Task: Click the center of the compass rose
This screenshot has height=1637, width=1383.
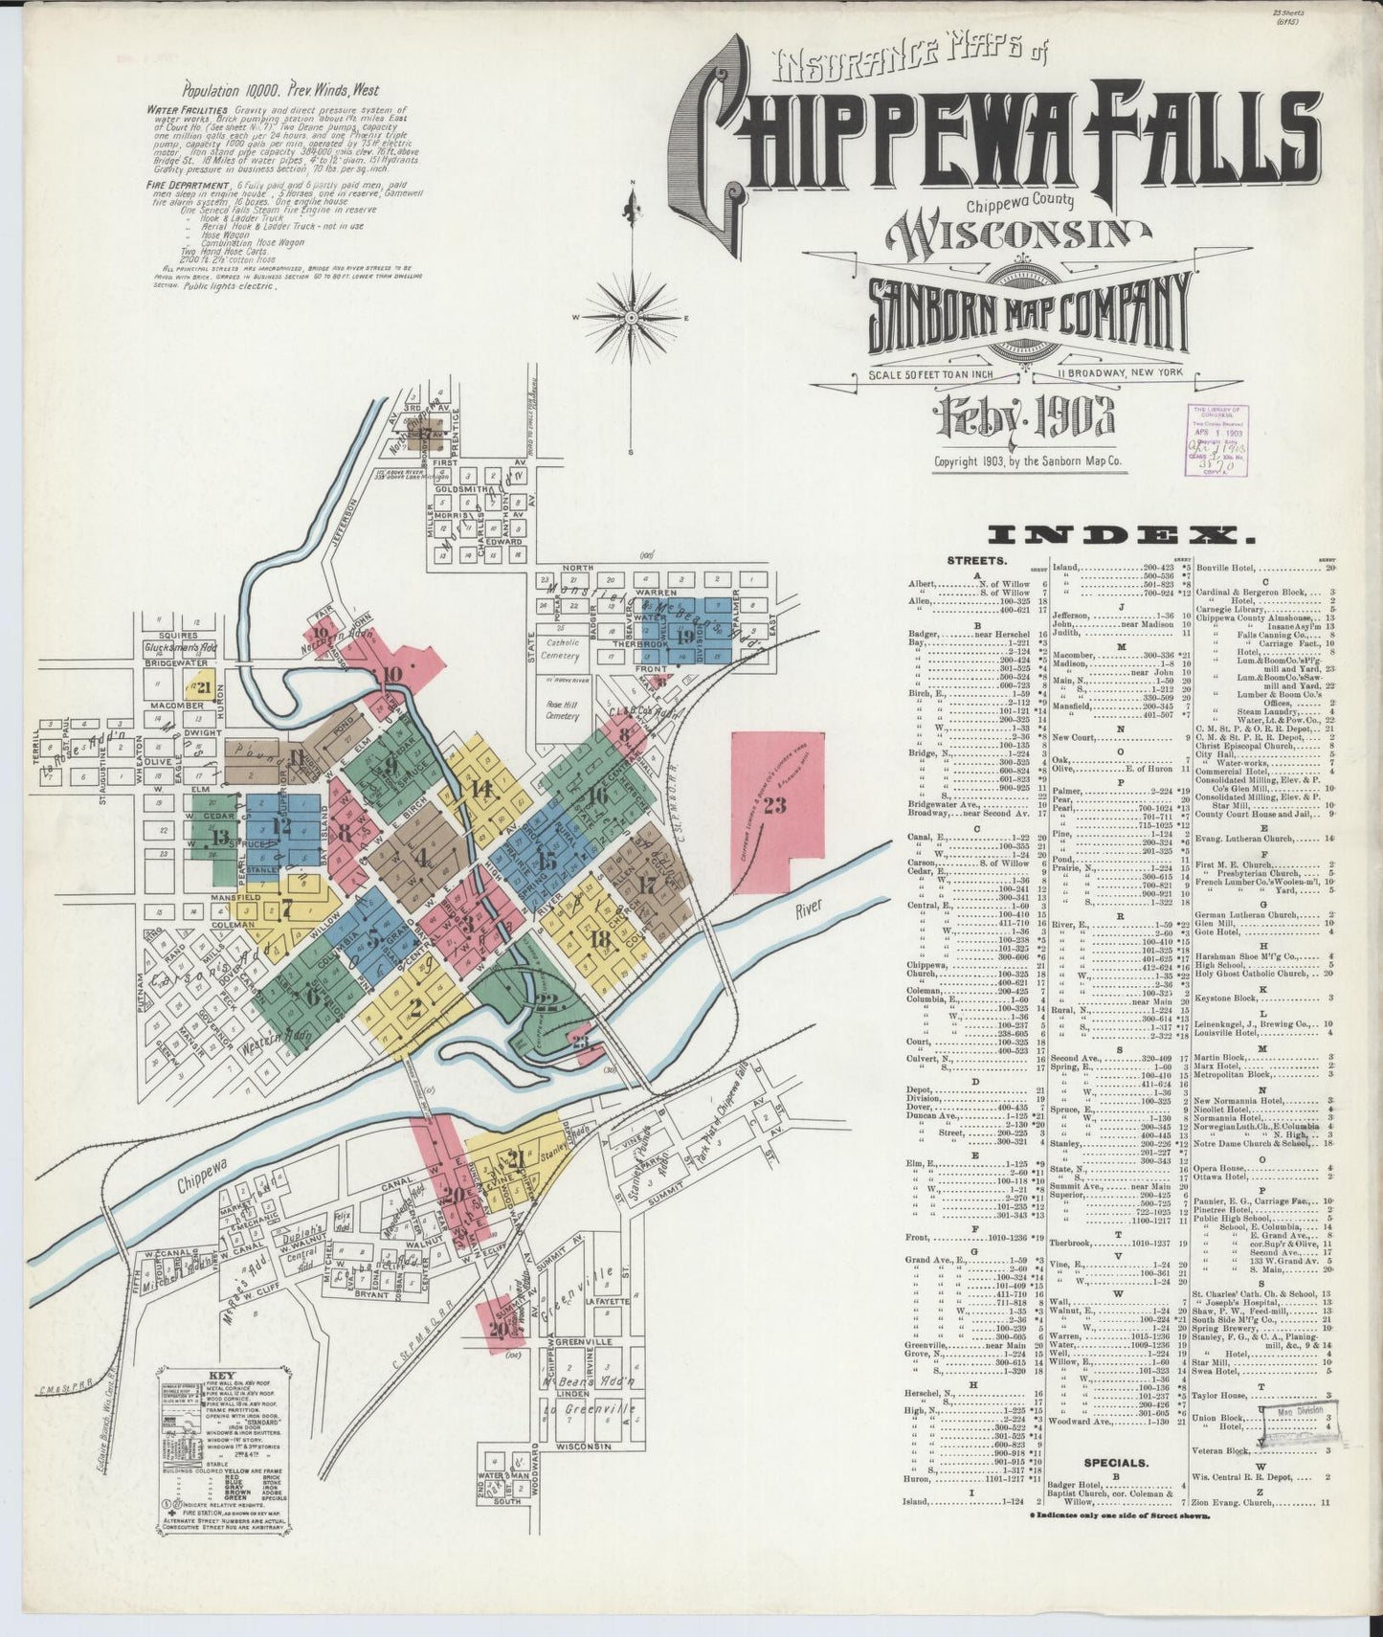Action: coord(632,315)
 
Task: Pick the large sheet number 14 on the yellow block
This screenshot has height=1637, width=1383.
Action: coord(480,789)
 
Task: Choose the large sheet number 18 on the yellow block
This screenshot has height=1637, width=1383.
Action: coord(600,939)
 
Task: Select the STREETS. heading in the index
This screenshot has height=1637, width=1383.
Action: coord(975,561)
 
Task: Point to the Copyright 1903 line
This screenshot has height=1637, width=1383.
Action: coord(1027,460)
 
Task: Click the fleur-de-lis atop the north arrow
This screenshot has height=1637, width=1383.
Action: coord(631,204)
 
